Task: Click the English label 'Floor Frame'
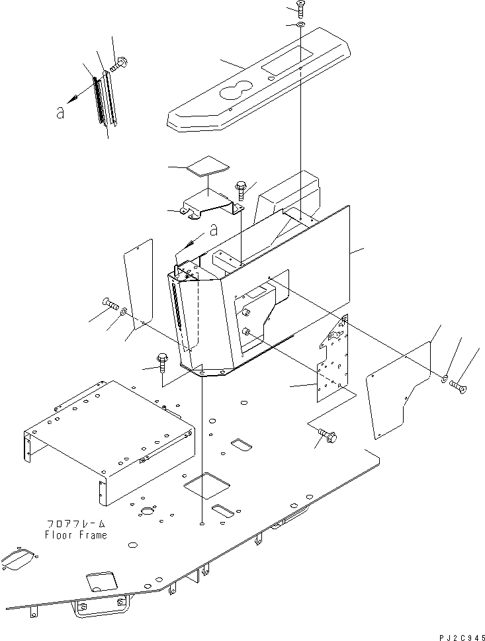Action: (75, 535)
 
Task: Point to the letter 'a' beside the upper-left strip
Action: (61, 112)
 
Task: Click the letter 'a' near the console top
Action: (214, 230)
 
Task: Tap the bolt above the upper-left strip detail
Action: (120, 64)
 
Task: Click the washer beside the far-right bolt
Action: (445, 379)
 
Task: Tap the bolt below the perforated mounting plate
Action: (328, 436)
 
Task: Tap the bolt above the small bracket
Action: (240, 188)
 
